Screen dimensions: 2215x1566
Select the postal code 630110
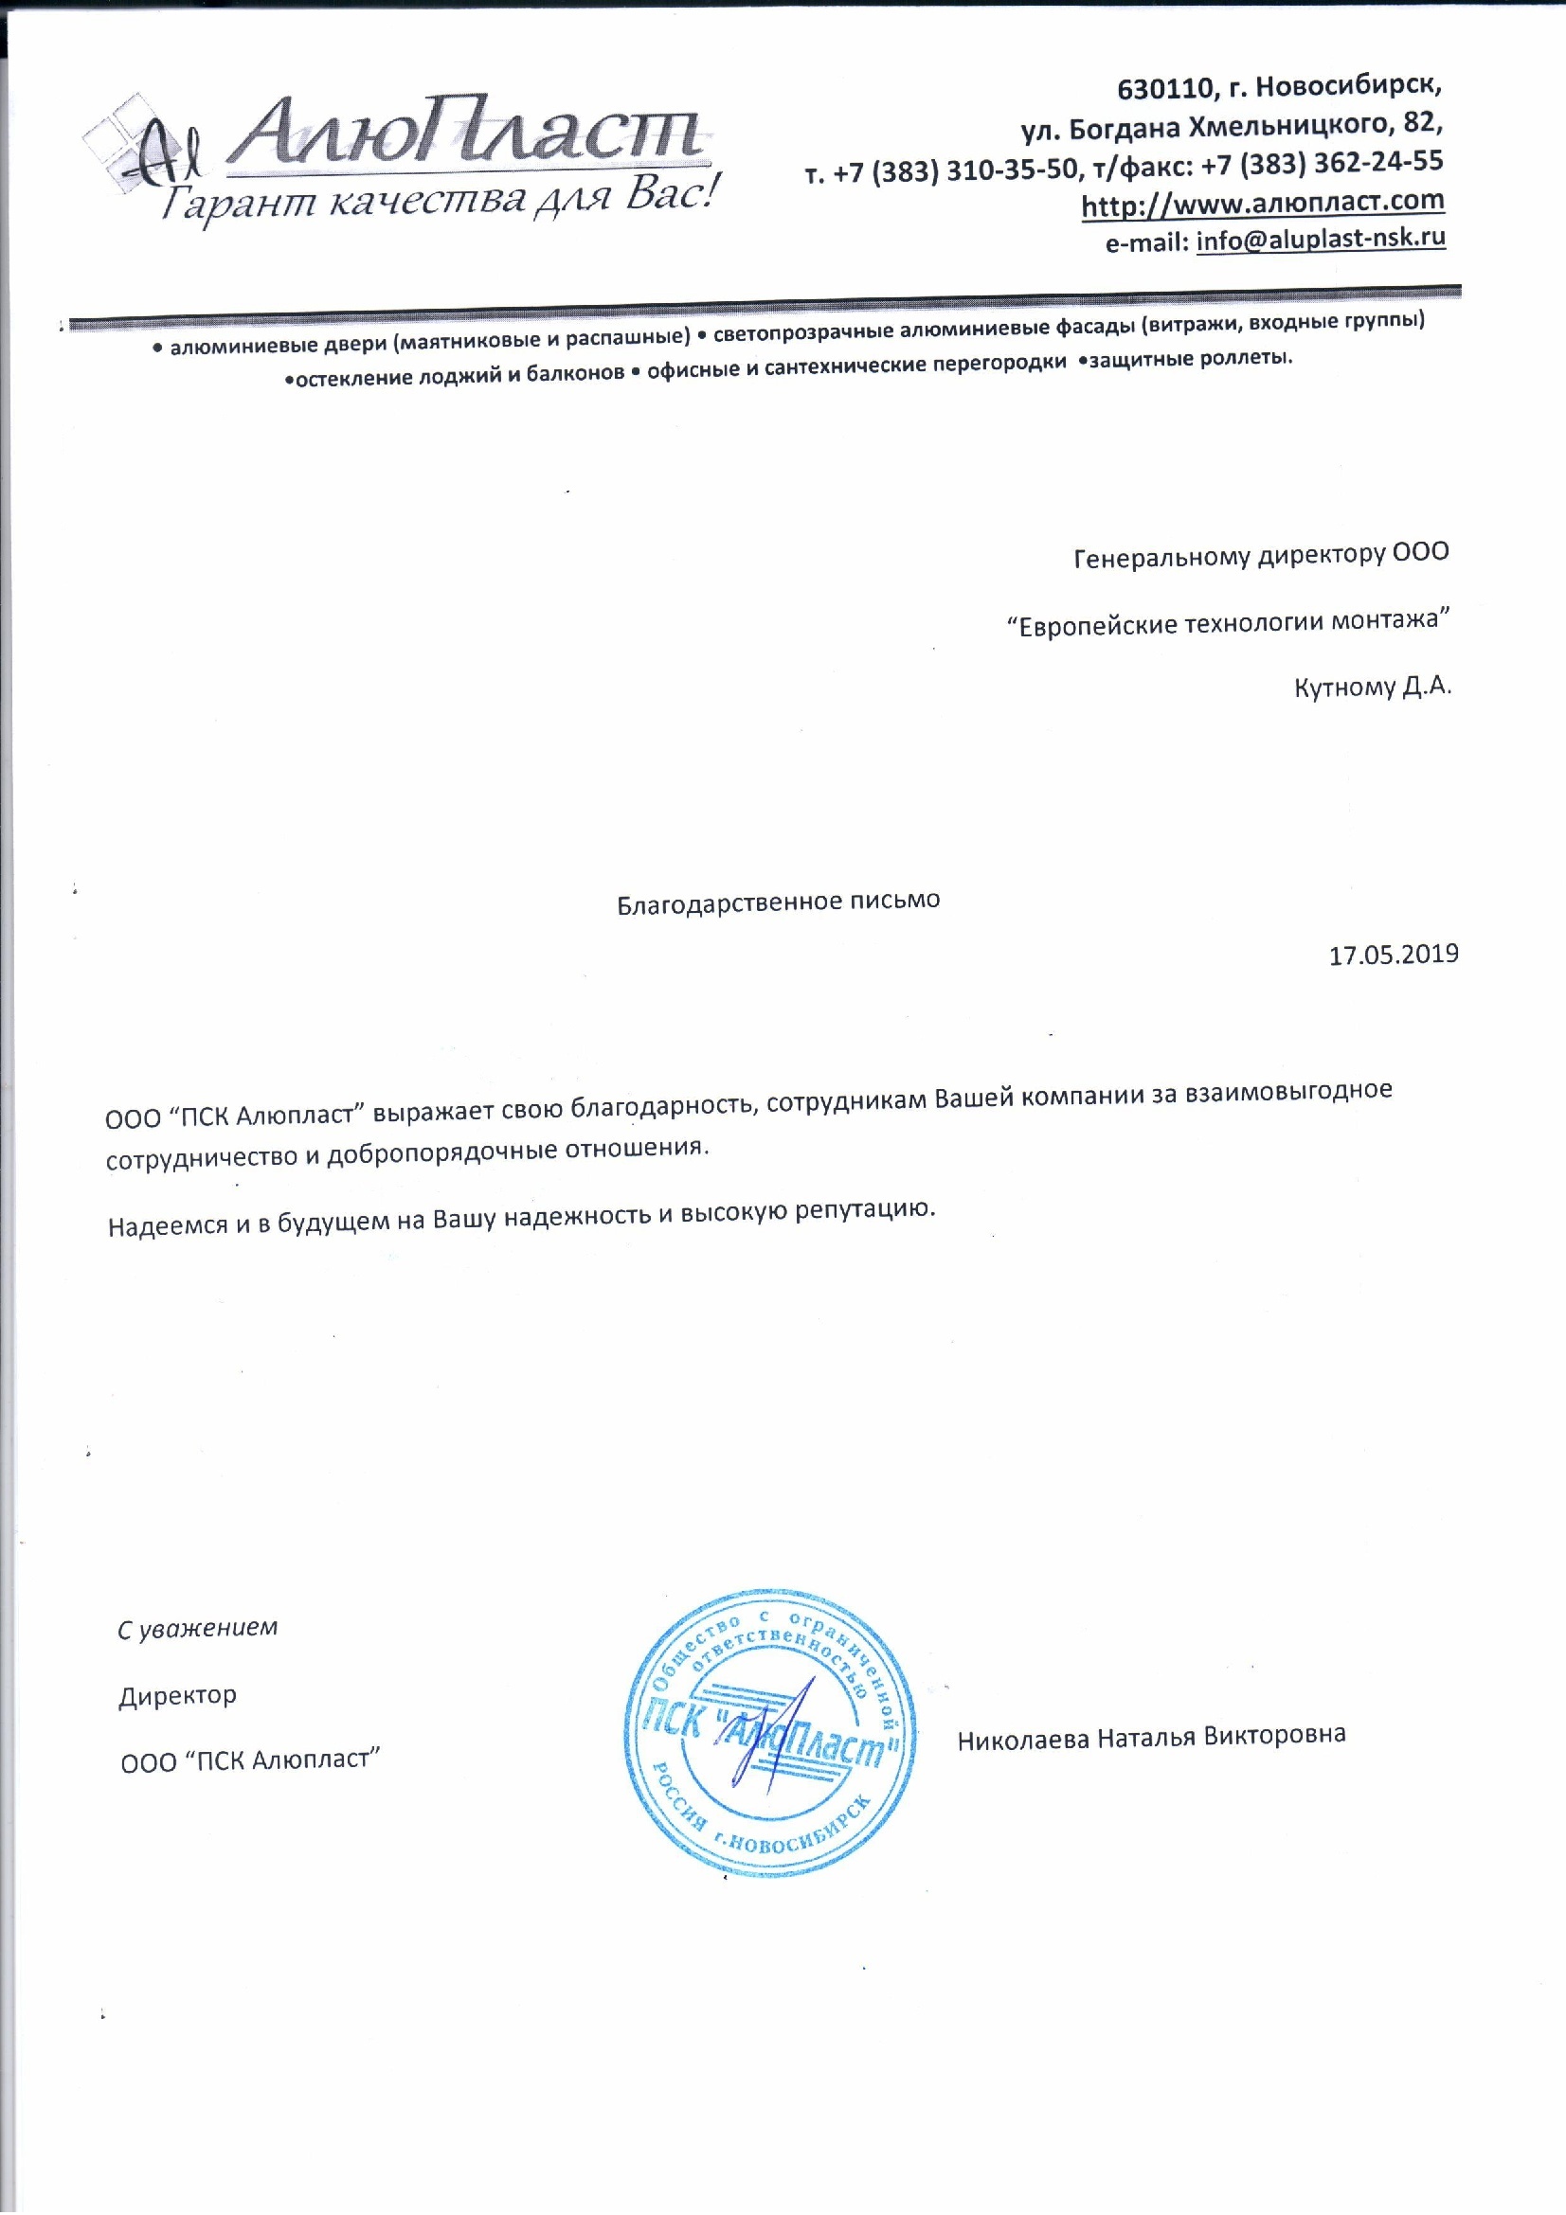pyautogui.click(x=1163, y=90)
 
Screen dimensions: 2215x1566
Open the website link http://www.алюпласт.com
pyautogui.click(x=1262, y=204)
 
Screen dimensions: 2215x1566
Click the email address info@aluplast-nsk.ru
pyautogui.click(x=1320, y=240)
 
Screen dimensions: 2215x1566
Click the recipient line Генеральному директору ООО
pyautogui.click(x=1260, y=555)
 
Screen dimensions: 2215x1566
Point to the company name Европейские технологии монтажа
pyautogui.click(x=1228, y=621)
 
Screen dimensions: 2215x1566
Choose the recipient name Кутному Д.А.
pyautogui.click(x=1372, y=687)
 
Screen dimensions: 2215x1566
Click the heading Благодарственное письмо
pyautogui.click(x=778, y=901)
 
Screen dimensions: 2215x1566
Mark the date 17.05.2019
pyautogui.click(x=1394, y=955)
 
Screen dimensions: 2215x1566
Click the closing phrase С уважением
pyautogui.click(x=198, y=1629)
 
